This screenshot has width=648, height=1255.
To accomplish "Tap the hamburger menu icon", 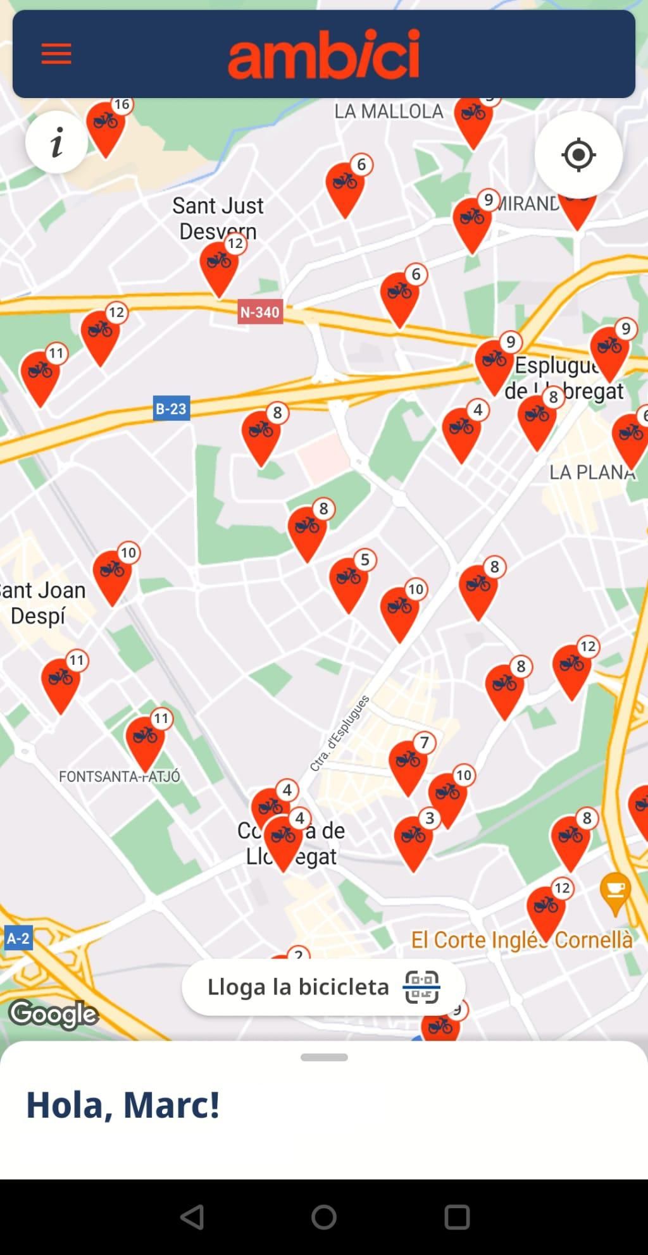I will coord(56,54).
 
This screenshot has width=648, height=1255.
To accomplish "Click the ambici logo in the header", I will coord(323,54).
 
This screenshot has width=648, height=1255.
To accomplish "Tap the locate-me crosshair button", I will coord(578,154).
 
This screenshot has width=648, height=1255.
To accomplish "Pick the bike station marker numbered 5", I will coord(348,581).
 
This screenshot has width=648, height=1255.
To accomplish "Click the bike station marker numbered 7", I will coord(408,764).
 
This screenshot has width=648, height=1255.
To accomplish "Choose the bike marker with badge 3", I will coord(413,839).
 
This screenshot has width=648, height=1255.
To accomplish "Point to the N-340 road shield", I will coord(259,312).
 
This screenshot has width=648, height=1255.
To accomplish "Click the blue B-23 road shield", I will coord(171,409).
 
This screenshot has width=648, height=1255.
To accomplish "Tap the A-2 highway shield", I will coord(18,938).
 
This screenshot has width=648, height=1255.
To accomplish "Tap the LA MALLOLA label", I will coord(389,111).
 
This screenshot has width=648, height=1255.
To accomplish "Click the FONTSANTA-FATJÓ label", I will coord(119,776).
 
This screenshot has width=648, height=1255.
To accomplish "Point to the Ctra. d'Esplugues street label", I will coord(340,733).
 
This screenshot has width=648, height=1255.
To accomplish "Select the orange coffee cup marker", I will coord(615,893).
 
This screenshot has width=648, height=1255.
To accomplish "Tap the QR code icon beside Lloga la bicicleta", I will coord(421,987).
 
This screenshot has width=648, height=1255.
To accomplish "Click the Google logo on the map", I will coord(54,1014).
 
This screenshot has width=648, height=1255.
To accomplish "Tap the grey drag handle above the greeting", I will coord(324,1058).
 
